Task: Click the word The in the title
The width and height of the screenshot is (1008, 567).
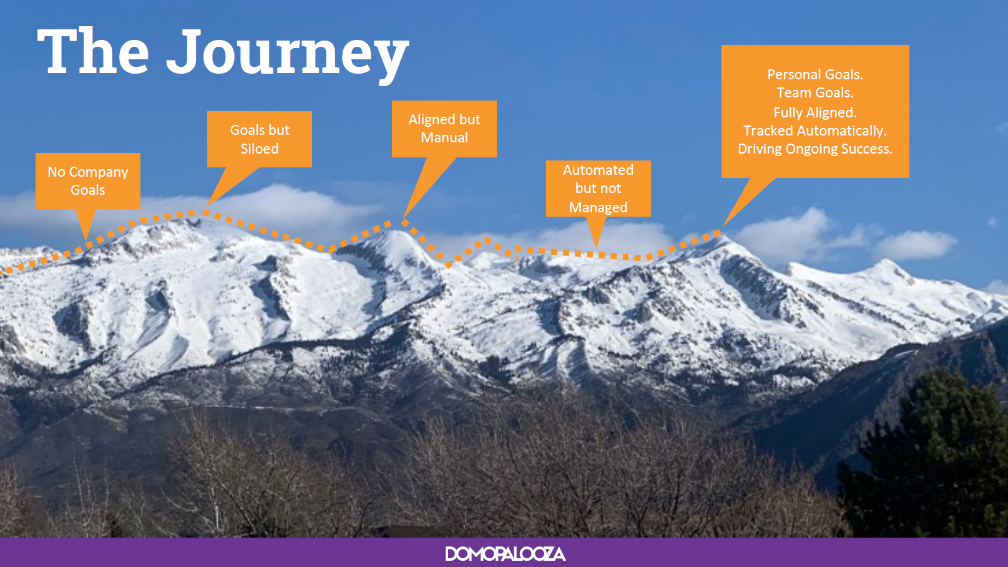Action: (x=93, y=51)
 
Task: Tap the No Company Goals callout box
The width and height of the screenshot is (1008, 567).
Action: (x=88, y=181)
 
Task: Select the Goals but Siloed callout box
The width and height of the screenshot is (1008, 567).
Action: (x=260, y=139)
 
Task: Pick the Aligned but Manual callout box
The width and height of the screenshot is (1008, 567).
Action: (x=444, y=129)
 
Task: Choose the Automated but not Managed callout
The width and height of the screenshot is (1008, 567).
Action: (x=599, y=188)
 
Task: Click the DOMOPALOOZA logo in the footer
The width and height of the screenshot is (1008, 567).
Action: (x=505, y=553)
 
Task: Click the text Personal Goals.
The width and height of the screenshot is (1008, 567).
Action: (x=815, y=74)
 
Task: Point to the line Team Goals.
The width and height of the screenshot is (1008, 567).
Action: (x=815, y=92)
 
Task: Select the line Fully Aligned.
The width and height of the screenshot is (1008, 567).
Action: (x=815, y=112)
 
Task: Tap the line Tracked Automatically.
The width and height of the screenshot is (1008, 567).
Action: (x=815, y=131)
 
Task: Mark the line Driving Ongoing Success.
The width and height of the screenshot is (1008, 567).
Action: (x=815, y=149)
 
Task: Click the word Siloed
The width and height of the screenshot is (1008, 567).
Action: (x=260, y=149)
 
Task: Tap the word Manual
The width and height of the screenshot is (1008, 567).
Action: (x=444, y=137)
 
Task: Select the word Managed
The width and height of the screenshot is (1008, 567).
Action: (x=598, y=207)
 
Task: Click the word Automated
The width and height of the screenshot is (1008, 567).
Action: (x=598, y=170)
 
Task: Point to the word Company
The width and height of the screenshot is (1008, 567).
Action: (x=99, y=172)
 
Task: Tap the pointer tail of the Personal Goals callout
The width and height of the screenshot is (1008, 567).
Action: (x=747, y=200)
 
